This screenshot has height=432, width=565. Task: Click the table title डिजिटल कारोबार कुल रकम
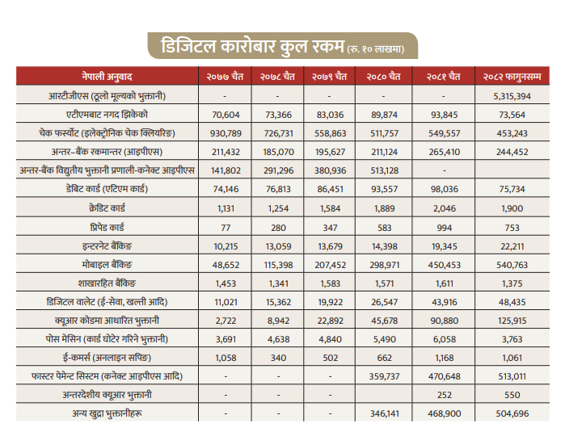click(x=252, y=47)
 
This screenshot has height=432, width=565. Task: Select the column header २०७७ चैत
click(x=225, y=77)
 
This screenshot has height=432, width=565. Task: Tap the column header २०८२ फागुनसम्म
click(x=512, y=77)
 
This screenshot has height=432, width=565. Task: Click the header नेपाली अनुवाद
click(x=107, y=77)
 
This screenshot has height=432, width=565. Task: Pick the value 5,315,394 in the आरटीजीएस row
click(x=512, y=96)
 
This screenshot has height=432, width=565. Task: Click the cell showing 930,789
click(x=226, y=133)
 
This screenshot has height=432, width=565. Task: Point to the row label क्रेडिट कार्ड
click(x=107, y=208)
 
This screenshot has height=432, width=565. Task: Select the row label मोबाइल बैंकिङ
click(x=107, y=265)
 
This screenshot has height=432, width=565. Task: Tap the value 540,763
click(x=512, y=265)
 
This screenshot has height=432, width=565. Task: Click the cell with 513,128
click(x=385, y=170)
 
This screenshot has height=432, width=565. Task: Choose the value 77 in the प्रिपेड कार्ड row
click(x=226, y=228)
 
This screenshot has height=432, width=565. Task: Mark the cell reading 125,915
click(x=512, y=321)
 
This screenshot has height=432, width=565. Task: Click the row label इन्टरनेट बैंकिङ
click(x=107, y=246)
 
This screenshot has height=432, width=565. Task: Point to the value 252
click(x=445, y=395)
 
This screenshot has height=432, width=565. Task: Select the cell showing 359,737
click(x=385, y=376)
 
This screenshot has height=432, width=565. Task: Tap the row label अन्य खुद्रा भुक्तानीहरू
click(x=107, y=413)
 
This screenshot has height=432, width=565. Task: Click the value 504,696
click(x=512, y=413)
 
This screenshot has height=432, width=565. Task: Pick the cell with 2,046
click(x=445, y=208)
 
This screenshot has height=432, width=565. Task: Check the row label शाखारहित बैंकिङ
click(x=107, y=283)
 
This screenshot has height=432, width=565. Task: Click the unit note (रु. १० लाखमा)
click(x=376, y=49)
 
